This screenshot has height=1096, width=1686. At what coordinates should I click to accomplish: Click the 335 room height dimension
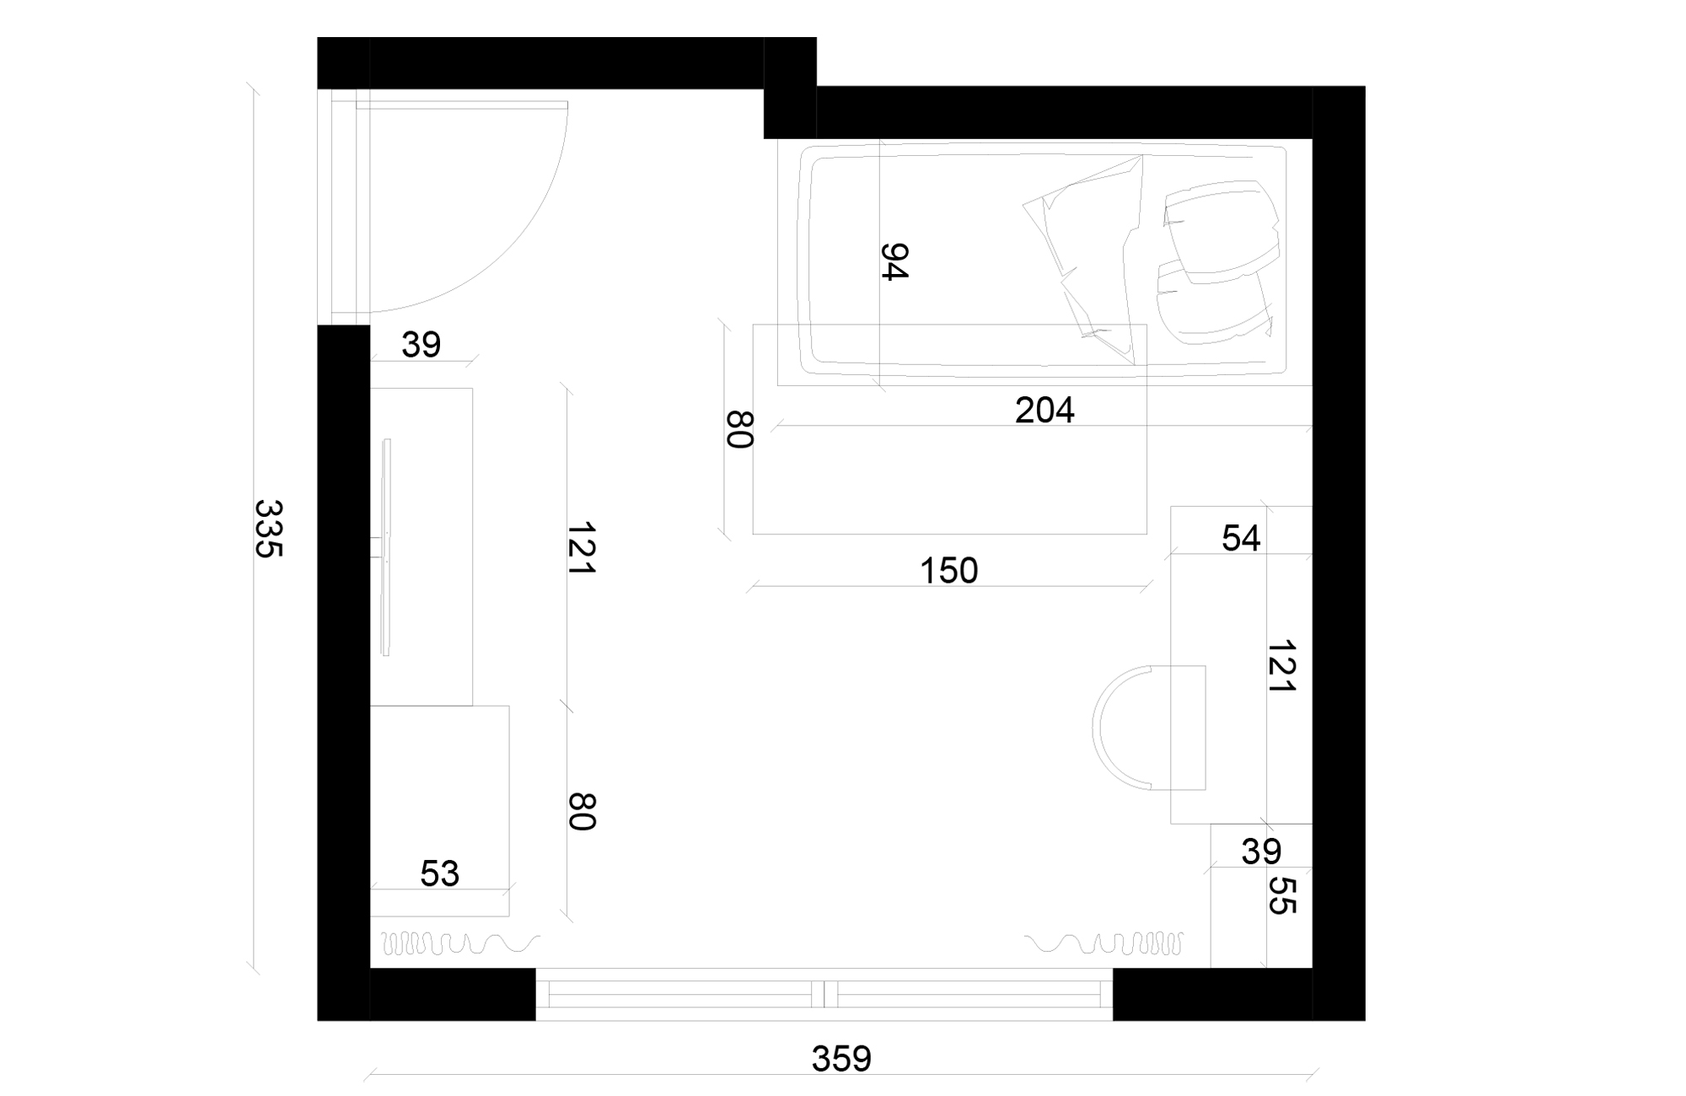tap(268, 529)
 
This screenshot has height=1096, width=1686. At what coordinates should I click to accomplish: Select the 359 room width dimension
tap(840, 1058)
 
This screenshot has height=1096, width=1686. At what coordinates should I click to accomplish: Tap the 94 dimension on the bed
tap(894, 261)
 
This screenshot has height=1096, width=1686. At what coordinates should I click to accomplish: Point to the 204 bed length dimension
tap(1044, 411)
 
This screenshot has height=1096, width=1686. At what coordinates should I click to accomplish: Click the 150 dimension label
tap(948, 572)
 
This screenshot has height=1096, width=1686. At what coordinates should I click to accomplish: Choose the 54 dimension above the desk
tap(1241, 539)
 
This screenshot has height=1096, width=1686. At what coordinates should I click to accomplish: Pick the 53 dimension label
tap(439, 874)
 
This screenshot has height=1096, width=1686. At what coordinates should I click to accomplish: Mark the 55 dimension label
tap(1281, 895)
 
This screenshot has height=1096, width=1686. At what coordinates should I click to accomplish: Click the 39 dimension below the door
tap(421, 345)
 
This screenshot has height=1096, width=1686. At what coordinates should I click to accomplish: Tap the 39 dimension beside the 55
tap(1261, 852)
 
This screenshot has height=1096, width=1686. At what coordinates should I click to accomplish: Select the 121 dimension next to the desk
tap(1281, 666)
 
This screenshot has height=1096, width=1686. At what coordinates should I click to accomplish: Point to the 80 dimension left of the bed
tap(739, 429)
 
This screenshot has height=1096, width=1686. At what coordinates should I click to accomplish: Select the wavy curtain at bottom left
tap(459, 943)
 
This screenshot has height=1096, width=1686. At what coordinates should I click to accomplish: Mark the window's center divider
tap(825, 994)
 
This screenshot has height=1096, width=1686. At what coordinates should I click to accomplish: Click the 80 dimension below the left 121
tap(582, 811)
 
